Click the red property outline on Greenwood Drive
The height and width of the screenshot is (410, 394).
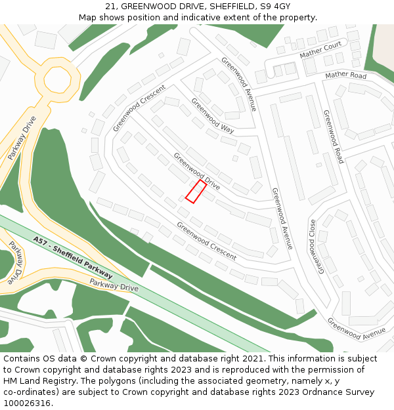click(196, 192)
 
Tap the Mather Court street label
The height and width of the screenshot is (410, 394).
click(320, 49)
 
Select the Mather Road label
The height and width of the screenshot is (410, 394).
click(345, 75)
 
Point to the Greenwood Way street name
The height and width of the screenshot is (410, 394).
click(212, 115)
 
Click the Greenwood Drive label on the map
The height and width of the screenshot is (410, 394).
click(196, 171)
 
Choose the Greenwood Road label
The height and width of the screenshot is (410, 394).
click(333, 136)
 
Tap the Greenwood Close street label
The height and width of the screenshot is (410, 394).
click(318, 245)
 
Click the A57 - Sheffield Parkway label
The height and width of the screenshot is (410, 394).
click(73, 257)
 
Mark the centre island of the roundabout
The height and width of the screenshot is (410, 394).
click(57, 80)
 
